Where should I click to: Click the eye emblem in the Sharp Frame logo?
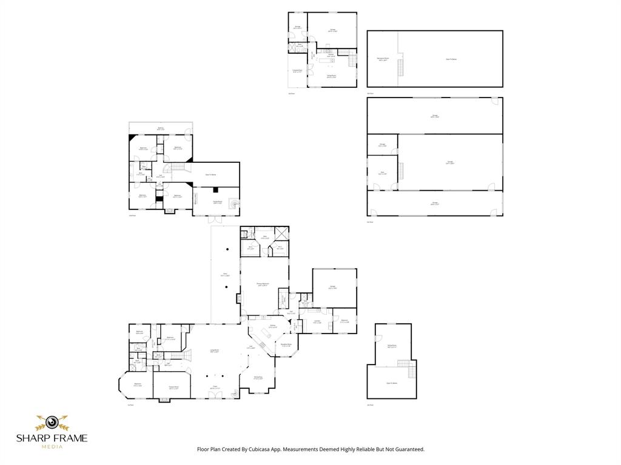point(52,422)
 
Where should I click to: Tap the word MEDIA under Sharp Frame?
point(52,447)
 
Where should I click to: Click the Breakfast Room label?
point(286,345)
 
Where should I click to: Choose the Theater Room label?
point(173,387)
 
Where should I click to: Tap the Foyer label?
point(214,387)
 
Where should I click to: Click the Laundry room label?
point(317,322)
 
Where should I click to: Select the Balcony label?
point(161,128)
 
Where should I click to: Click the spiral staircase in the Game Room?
point(234,205)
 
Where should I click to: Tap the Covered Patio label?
point(297,71)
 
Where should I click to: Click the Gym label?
point(383,173)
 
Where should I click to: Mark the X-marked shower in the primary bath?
point(281,234)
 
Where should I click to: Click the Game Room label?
point(217,202)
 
